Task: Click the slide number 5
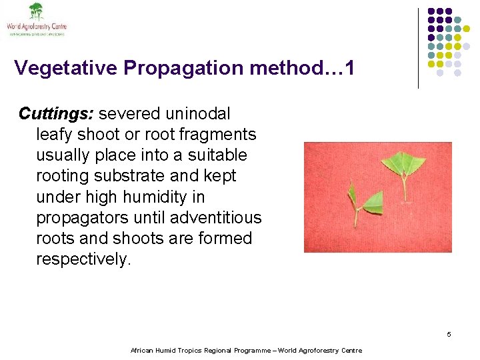pyautogui.click(x=449, y=334)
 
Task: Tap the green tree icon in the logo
pyautogui.click(x=35, y=11)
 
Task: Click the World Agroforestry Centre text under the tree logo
pyautogui.click(x=37, y=27)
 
